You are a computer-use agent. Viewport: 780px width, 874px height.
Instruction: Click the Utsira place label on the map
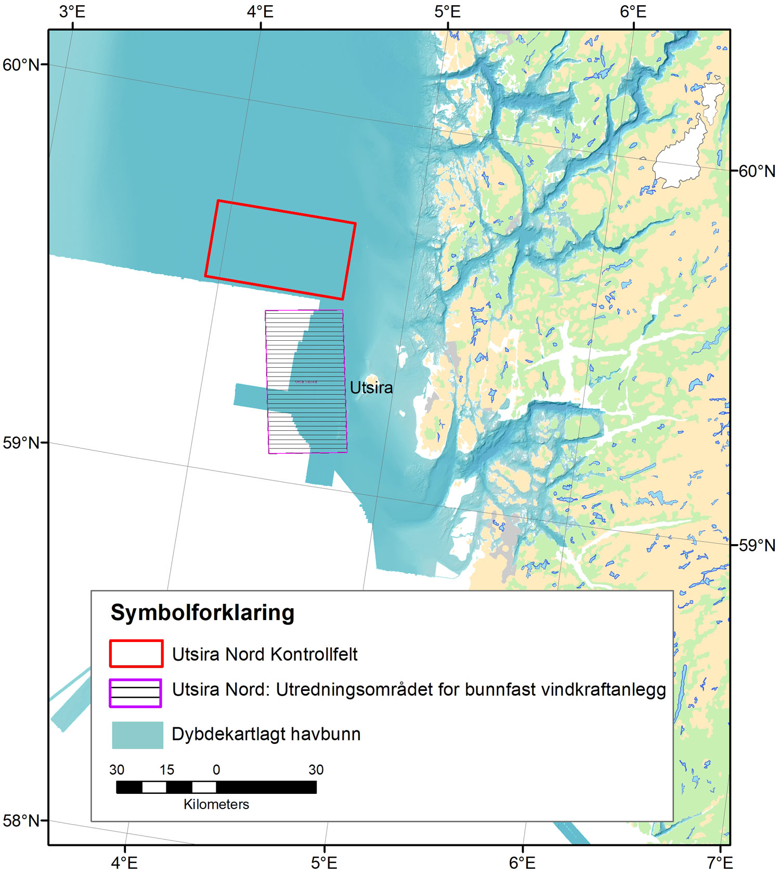371,388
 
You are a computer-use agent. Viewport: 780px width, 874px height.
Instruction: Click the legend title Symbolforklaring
202,613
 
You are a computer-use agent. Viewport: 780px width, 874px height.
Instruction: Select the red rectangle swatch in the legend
136,653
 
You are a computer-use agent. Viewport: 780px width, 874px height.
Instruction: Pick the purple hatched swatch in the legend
135,693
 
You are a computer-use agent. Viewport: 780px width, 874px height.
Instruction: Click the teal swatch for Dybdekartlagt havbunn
138,735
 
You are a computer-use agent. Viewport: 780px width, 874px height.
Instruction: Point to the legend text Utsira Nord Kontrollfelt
265,654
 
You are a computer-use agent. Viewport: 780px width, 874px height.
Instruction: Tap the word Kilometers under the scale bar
216,804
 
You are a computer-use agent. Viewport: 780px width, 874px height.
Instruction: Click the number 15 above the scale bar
166,769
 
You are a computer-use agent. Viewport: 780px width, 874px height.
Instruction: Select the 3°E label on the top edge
72,11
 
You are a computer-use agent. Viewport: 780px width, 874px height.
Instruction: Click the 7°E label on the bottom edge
720,862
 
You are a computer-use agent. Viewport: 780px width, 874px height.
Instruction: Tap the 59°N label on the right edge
757,545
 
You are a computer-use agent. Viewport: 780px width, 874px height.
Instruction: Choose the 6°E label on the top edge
633,11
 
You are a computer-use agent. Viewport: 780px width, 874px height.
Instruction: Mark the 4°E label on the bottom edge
125,862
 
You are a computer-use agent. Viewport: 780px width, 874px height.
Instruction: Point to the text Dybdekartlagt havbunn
266,735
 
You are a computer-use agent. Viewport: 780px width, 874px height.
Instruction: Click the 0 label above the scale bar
216,769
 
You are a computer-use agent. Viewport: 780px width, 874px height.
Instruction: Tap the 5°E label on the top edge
447,11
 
